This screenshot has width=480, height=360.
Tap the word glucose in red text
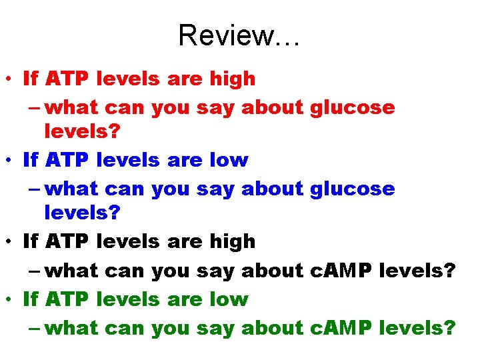pyautogui.click(x=353, y=107)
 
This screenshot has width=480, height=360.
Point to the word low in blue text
pyautogui.click(x=228, y=160)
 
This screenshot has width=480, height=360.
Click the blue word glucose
pyautogui.click(x=353, y=189)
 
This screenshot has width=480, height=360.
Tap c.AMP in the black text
pyautogui.click(x=341, y=271)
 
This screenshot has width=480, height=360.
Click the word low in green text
pyautogui.click(x=228, y=299)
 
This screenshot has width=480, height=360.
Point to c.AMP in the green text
pyautogui.click(x=341, y=328)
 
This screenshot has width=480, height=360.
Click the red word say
pyautogui.click(x=216, y=107)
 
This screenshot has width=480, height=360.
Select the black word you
pyautogui.click(x=171, y=271)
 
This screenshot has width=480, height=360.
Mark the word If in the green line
pyautogui.click(x=31, y=299)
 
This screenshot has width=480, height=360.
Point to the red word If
pyautogui.click(x=31, y=79)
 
